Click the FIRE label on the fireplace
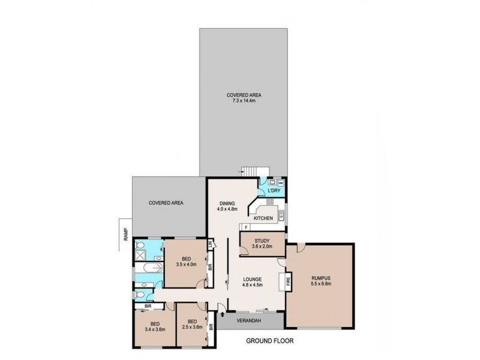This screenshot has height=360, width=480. point(288,280)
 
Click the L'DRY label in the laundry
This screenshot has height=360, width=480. point(274,190)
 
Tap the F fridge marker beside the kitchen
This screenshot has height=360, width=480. point(245,227)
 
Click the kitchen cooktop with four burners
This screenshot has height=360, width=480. point(270,202)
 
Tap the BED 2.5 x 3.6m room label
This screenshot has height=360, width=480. point(191,324)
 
